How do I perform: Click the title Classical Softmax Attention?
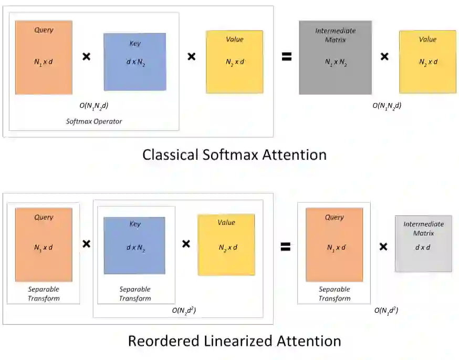234,155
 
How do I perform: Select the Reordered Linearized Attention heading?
234,341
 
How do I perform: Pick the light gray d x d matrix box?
423,243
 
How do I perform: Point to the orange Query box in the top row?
44,58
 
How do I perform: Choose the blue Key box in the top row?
134,62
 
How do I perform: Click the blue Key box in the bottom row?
134,245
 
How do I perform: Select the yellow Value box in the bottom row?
226,244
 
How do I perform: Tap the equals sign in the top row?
286,57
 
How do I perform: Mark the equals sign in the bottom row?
285,245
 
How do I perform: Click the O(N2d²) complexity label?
184,311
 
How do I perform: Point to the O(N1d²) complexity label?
386,311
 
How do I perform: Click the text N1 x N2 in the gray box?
335,62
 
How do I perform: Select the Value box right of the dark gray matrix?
427,61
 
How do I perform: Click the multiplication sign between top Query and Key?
87,56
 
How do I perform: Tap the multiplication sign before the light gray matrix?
383,245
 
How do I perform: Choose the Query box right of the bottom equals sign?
334,244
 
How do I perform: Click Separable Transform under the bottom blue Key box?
134,294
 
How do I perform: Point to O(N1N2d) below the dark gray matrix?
387,106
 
